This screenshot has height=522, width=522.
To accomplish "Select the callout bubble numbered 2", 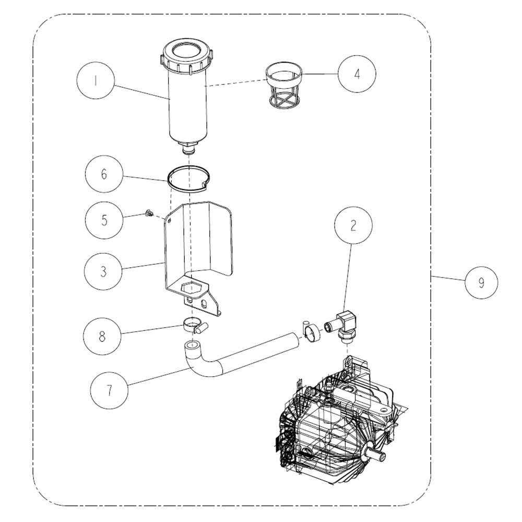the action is pos(353,224).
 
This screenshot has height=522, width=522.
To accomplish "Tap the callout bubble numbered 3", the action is pos(103,271).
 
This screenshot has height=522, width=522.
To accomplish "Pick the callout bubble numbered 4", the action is pos(357,74).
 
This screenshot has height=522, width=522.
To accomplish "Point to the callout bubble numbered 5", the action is pos(104,220).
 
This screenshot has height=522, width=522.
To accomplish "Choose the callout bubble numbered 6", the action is pos(104,174).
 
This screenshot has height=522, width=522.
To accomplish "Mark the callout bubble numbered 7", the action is pos(110,389).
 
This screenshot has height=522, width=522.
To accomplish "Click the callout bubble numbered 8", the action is pos(102,336).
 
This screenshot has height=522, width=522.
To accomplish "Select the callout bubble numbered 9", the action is pos(481,282).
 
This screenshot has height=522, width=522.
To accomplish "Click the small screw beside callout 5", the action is pos(148,213).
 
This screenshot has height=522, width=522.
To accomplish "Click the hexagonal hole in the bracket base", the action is pos(191,286).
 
